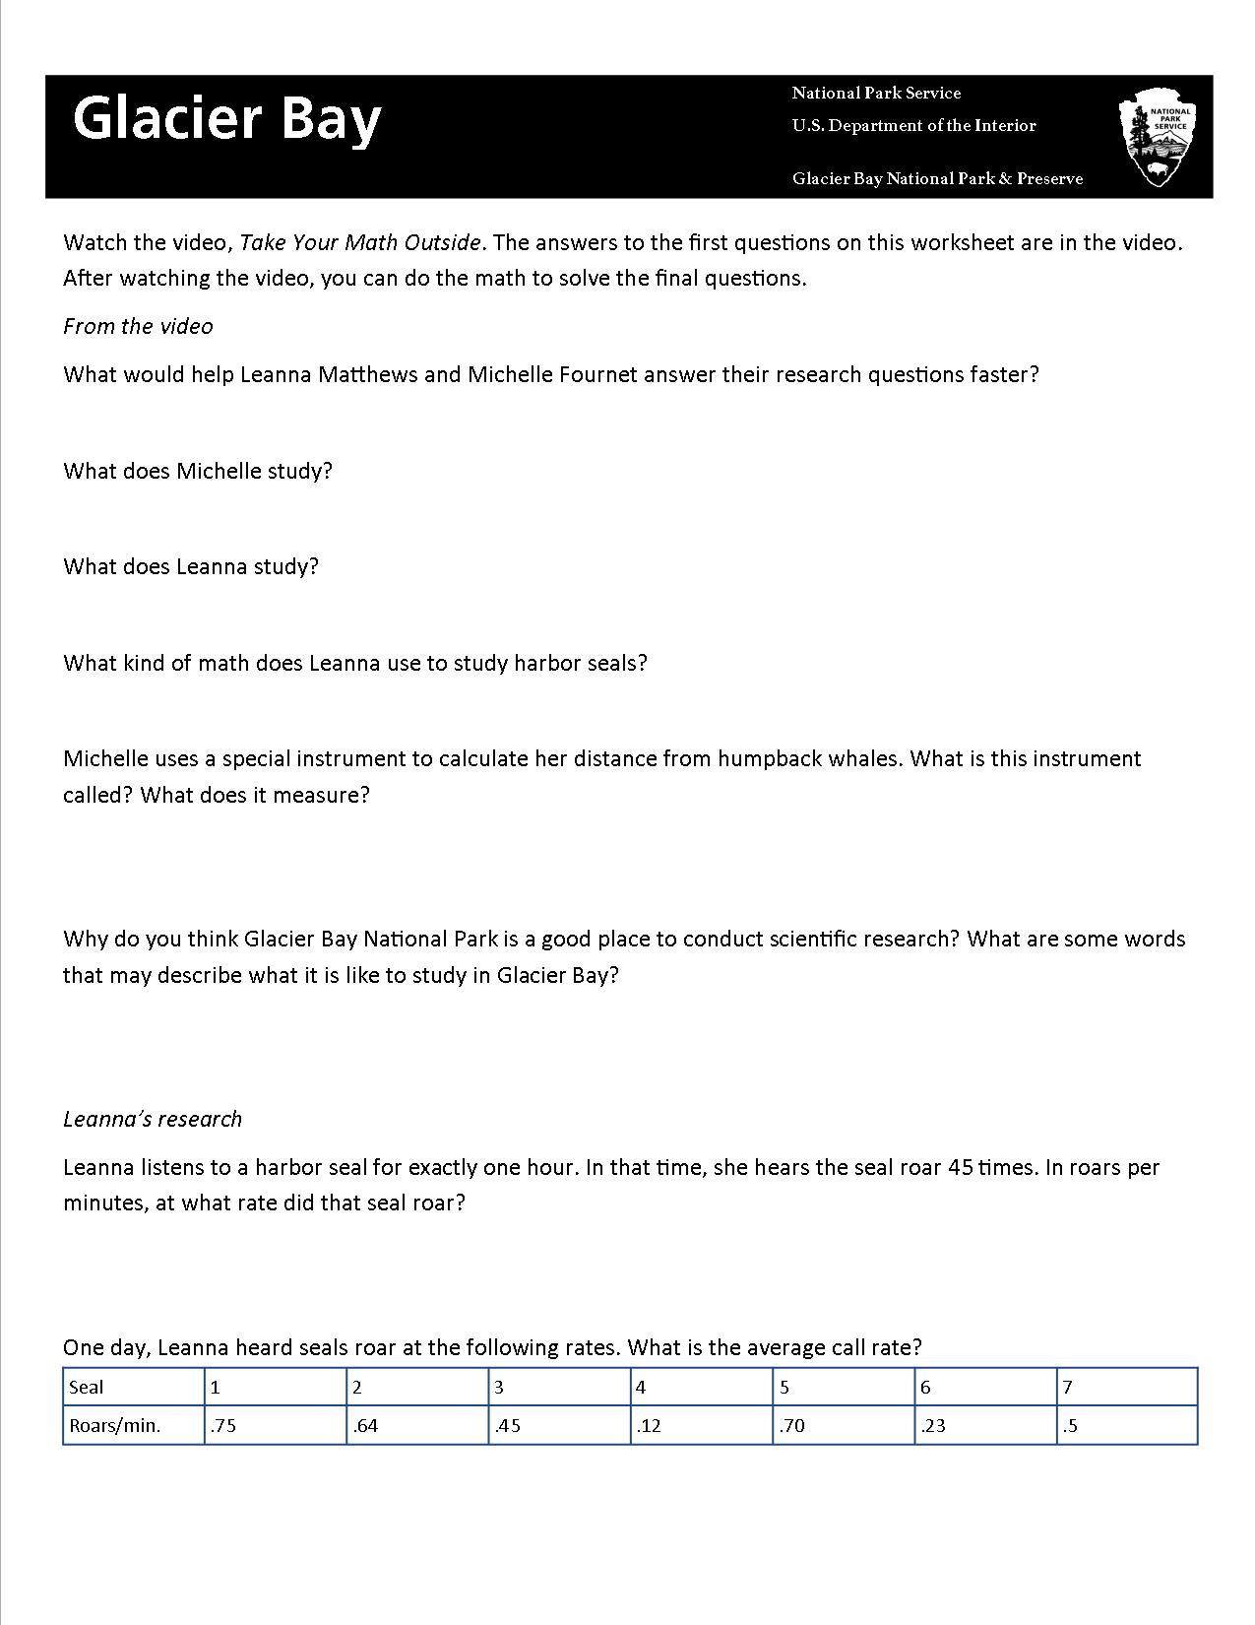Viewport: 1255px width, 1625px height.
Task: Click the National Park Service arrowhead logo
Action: (1158, 138)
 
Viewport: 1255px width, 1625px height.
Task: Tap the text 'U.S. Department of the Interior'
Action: (913, 126)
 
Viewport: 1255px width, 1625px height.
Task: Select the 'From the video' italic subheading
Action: (138, 326)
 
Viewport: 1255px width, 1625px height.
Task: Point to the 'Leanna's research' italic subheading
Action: (153, 1119)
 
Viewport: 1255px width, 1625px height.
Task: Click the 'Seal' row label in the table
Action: (87, 1388)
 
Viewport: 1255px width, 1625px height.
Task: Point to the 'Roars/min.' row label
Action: (115, 1425)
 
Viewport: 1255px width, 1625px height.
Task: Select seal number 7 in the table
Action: (1067, 1388)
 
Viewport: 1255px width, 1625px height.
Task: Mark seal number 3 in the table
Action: (499, 1388)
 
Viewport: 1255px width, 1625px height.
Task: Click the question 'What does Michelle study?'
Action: (198, 471)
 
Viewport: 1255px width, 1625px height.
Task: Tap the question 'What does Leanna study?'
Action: (191, 566)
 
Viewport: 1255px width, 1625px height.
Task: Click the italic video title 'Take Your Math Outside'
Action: (360, 242)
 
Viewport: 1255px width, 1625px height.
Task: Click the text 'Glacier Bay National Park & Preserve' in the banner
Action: (937, 178)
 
